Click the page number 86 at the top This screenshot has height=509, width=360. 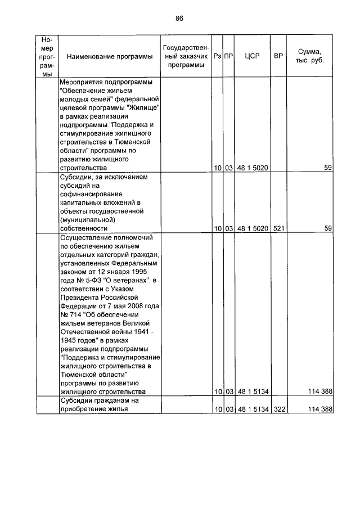179,18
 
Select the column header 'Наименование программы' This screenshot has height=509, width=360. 109,57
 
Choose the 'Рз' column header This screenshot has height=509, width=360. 217,57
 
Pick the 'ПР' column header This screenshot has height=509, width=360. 228,57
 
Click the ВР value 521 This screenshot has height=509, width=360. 278,229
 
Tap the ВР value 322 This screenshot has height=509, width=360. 278,409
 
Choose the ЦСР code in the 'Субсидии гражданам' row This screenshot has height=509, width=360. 251,409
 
